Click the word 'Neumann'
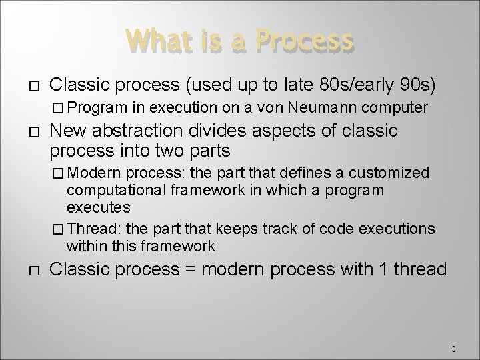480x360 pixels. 321,107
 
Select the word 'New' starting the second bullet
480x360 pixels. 67,131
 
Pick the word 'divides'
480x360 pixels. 218,131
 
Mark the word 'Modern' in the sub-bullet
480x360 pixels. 90,173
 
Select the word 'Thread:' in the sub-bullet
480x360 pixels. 92,229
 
